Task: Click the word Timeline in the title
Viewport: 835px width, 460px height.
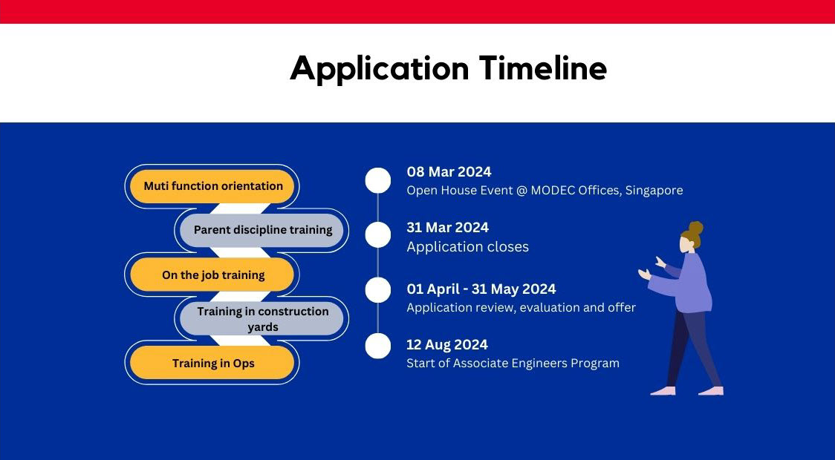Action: pos(543,68)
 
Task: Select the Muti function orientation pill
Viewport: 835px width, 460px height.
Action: pos(212,186)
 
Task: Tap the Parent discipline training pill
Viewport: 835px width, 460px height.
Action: pos(262,230)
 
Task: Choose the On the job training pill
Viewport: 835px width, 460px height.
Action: pos(212,275)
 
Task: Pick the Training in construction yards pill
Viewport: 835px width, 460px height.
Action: pos(262,318)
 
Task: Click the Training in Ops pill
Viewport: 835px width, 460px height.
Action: pos(212,363)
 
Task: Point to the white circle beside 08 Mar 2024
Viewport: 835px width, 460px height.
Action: pos(378,180)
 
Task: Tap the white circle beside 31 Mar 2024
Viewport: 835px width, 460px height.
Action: pos(378,235)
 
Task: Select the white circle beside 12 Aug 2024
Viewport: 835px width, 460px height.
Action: pos(378,346)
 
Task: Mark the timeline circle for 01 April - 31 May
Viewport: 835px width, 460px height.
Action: pos(378,290)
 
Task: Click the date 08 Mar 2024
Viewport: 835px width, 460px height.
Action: pos(449,172)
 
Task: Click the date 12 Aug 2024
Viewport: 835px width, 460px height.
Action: pos(447,344)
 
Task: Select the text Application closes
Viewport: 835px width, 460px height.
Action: pos(467,247)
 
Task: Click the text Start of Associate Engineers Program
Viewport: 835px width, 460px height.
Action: pos(513,364)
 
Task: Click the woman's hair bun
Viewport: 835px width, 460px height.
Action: pos(695,229)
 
